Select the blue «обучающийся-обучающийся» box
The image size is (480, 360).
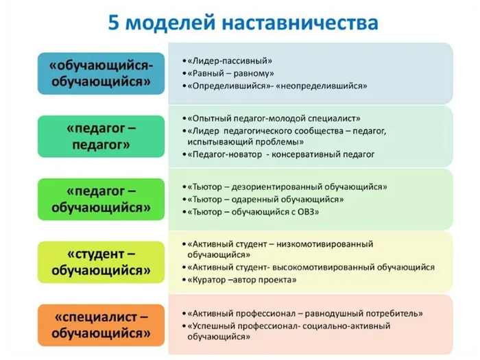(x=101, y=73)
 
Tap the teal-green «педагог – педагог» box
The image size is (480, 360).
(x=101, y=136)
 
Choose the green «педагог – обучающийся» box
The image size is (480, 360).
(x=101, y=198)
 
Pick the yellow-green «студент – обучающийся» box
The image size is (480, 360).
(x=101, y=261)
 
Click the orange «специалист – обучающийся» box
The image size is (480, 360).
(x=101, y=325)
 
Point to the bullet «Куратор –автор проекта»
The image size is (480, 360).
(x=243, y=280)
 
